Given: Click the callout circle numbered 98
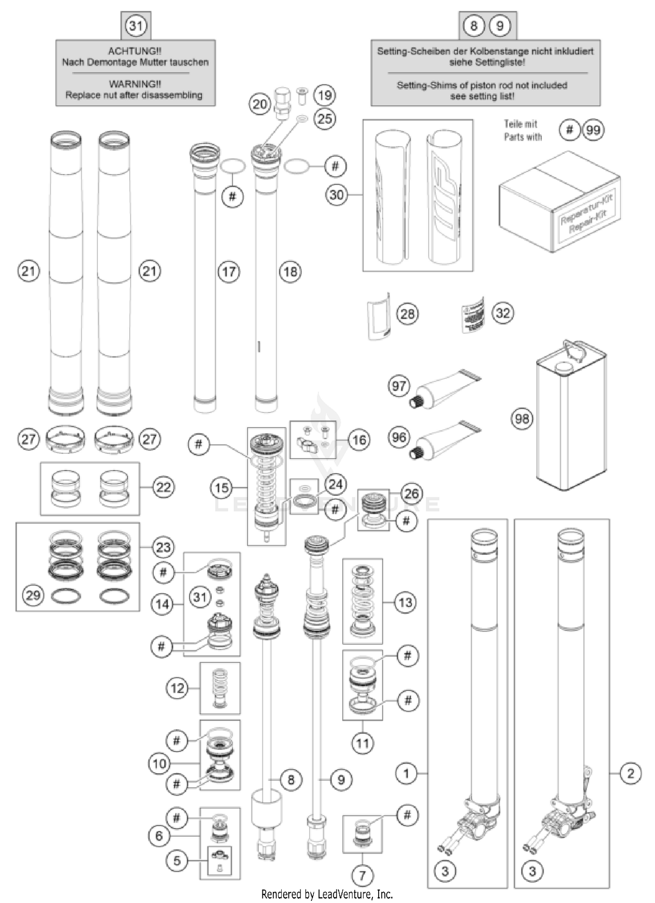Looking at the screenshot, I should (522, 419).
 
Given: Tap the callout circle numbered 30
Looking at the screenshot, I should (337, 194).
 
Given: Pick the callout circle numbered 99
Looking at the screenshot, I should (593, 130).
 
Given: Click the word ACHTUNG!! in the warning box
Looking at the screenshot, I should (135, 51).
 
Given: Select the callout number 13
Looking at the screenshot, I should (405, 602).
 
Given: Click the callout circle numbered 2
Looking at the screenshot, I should (630, 773).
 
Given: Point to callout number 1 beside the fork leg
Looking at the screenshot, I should (406, 773).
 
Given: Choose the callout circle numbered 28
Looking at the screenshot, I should (407, 314).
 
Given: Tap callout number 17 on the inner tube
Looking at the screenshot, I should (229, 272).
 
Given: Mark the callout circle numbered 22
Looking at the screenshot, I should (163, 487).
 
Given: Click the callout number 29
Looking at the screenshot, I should (33, 595).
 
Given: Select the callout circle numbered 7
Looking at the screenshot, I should (362, 875).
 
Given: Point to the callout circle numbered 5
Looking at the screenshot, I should (177, 861).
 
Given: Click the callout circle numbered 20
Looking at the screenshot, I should (260, 104).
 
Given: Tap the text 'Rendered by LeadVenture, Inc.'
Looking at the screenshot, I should (327, 894).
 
